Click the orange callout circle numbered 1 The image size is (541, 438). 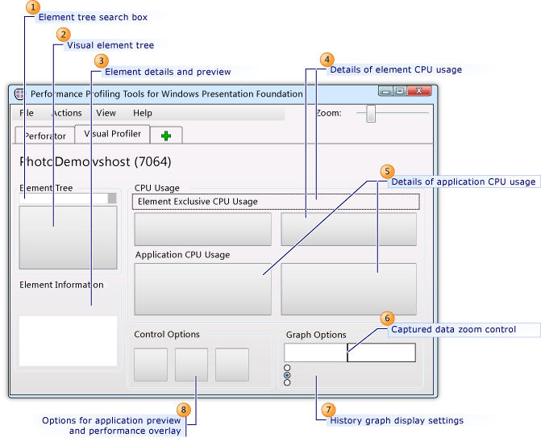pos(32,7)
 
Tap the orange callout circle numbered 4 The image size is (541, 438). pos(327,60)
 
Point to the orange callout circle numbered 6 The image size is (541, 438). pos(387,319)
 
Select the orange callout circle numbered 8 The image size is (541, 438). pos(185,411)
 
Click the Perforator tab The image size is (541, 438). pos(45,136)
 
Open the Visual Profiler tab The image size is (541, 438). pos(112,134)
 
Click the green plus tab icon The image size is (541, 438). pos(166,136)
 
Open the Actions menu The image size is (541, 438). pos(66,113)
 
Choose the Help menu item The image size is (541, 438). pos(143,113)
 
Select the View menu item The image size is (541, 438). pos(106,113)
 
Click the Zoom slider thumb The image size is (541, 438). pos(371,113)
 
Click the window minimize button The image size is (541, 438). pos(385,93)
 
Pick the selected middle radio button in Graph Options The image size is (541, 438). pos(288,375)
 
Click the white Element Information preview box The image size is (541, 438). pos(68,340)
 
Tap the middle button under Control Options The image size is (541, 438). pos(191,365)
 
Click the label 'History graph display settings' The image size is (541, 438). pos(397,420)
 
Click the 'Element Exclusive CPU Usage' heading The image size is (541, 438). pos(198,202)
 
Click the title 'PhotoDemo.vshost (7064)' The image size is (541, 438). pos(95,161)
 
